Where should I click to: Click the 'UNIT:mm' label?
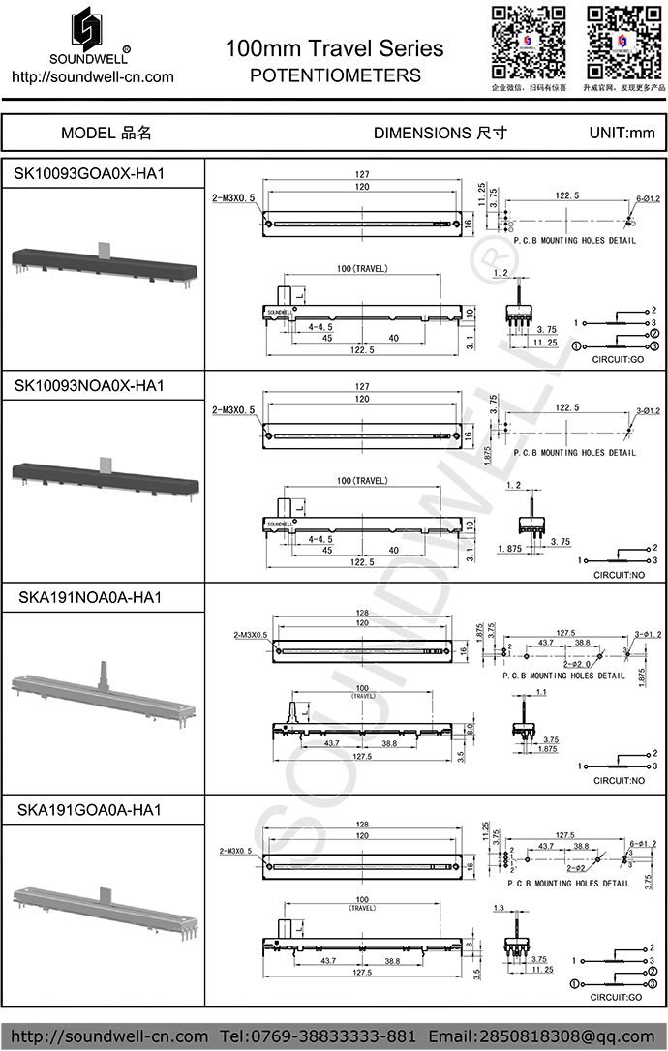pos(622,133)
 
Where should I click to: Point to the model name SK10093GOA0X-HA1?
pos(90,174)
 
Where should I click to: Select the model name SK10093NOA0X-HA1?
pos(90,386)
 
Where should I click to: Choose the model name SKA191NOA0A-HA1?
pos(90,597)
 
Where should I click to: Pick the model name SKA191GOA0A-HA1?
pos(90,808)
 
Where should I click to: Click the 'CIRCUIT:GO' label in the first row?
pos(617,359)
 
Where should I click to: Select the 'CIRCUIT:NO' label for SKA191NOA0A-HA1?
pos(617,780)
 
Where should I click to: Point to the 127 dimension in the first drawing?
pos(362,174)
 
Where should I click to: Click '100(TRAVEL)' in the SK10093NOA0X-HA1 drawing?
pos(362,481)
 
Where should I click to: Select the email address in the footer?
pos(543,1036)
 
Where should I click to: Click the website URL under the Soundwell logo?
pos(92,76)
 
